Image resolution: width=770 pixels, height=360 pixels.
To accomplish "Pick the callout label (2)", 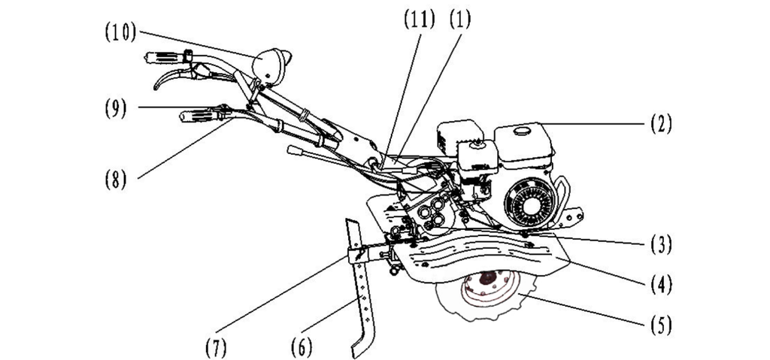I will (659, 123).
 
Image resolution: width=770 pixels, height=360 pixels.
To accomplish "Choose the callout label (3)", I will (659, 244).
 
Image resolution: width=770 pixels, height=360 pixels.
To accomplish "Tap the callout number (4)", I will (659, 284).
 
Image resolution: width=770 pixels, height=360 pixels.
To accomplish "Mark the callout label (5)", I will (659, 325).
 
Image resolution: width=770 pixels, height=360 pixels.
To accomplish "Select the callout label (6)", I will (302, 346).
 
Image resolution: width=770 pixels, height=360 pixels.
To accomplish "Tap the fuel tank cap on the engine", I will (519, 132).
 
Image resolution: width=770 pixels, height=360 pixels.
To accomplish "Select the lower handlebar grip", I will (197, 116).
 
